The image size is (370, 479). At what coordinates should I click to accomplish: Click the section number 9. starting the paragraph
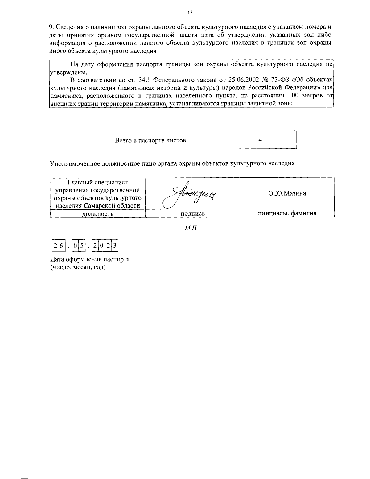tap(52, 27)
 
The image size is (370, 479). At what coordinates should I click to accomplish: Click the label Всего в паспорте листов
tap(150, 140)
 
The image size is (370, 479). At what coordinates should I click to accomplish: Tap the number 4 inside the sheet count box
tap(260, 140)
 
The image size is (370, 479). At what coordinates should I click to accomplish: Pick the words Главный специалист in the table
tap(97, 183)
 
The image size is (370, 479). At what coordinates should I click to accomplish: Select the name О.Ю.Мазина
tap(287, 193)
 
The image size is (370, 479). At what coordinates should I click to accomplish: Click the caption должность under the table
tap(97, 213)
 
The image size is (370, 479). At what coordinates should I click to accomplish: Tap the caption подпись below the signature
tap(192, 213)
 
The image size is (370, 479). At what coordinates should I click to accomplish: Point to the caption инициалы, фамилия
tap(287, 213)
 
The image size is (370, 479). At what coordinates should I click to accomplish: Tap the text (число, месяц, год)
tap(78, 267)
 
